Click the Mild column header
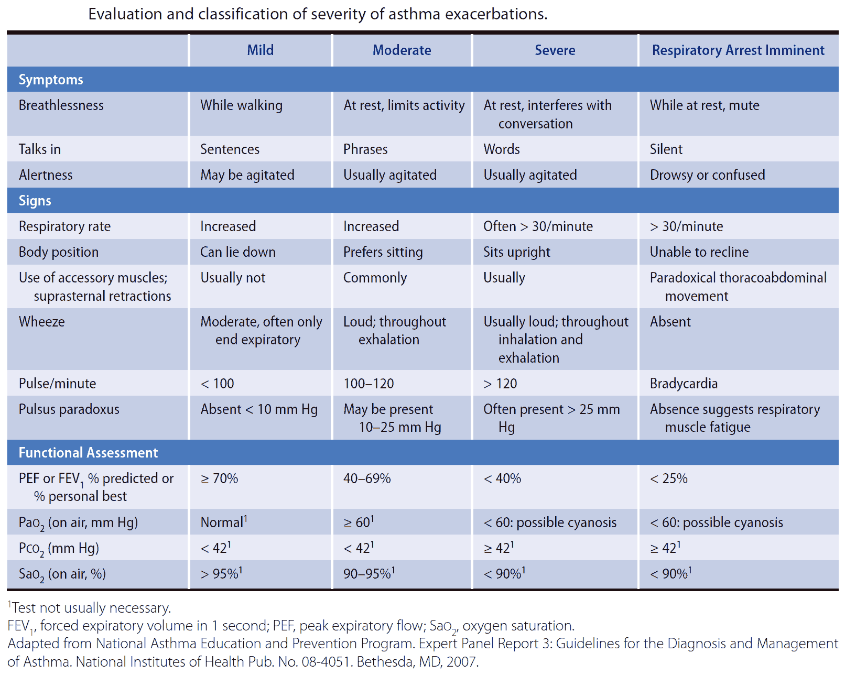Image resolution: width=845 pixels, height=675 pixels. [260, 50]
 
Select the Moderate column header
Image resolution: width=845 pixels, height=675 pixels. [402, 50]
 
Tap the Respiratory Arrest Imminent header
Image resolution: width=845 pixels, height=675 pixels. [738, 50]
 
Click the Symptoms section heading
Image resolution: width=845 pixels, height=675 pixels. [51, 80]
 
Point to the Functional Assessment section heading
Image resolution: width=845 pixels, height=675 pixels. [88, 452]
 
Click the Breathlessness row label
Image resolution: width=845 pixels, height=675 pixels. [61, 105]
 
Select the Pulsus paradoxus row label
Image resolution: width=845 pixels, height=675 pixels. [69, 409]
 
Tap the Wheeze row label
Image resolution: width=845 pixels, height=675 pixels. [41, 322]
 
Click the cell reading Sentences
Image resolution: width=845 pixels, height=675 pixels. [230, 149]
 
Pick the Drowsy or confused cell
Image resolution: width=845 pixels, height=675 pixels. [707, 175]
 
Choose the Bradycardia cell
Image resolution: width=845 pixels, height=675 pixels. [684, 383]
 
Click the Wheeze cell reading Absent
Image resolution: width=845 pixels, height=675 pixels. [670, 322]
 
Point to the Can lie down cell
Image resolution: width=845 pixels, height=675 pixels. [237, 252]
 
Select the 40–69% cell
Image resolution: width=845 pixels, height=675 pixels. [367, 478]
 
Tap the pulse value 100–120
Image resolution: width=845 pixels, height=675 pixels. [369, 383]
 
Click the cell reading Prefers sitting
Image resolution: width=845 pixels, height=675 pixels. [383, 252]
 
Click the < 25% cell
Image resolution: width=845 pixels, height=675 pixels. [669, 478]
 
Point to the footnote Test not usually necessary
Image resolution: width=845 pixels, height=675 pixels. [89, 607]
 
